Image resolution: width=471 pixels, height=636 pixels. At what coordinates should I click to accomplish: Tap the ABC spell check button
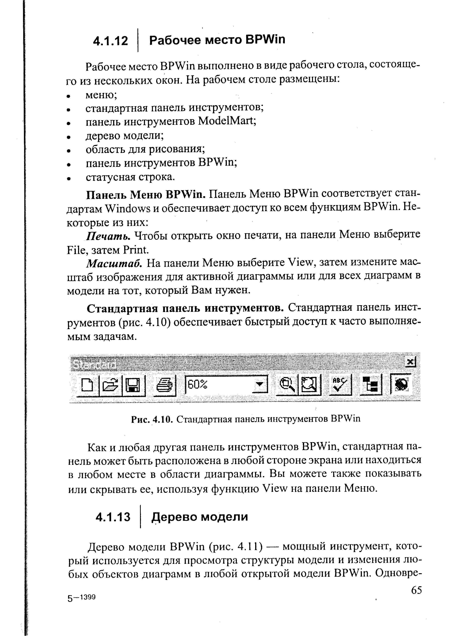pos(340,385)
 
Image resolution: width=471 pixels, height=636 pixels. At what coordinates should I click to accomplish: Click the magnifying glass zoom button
pos(287,385)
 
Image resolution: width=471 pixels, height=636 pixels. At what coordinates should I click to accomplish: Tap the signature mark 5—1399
pos(81,598)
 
